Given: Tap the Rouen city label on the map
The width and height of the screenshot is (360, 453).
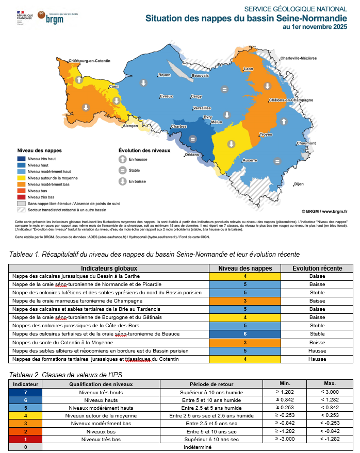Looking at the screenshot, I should click(x=164, y=75).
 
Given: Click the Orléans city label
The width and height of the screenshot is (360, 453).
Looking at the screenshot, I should click(x=192, y=154).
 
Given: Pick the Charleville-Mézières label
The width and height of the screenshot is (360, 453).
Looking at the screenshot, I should click(x=299, y=58).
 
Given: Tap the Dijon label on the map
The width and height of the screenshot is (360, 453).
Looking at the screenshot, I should click(x=298, y=183).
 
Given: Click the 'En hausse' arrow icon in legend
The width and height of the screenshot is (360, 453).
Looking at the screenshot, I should click(x=122, y=160).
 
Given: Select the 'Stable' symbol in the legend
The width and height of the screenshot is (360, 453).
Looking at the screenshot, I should click(x=122, y=170).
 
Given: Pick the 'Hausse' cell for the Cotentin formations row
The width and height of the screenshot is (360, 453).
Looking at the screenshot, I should click(x=317, y=359).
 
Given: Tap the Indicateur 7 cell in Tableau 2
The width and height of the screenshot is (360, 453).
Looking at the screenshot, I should click(x=25, y=393).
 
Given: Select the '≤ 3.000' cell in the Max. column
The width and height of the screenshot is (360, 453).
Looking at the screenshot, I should click(x=330, y=393).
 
